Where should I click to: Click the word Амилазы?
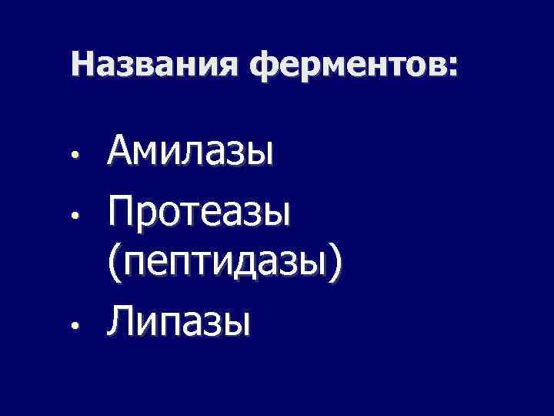[x=191, y=150]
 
